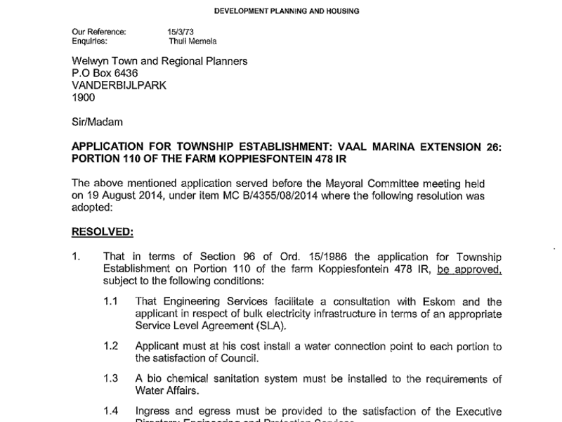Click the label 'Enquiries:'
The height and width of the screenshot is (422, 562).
pos(91,41)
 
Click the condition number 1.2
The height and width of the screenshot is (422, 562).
pos(111,347)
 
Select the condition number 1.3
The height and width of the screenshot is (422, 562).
pos(111,379)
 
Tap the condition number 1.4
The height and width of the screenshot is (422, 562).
pos(111,411)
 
